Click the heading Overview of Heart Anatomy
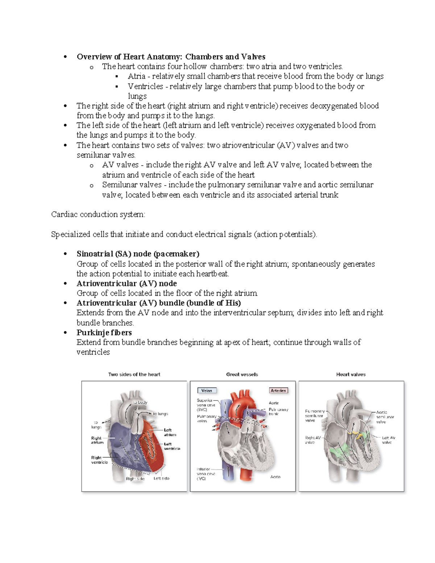pyautogui.click(x=171, y=57)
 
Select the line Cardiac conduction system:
pyautogui.click(x=98, y=214)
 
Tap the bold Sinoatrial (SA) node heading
pyautogui.click(x=138, y=254)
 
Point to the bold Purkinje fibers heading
pyautogui.click(x=104, y=332)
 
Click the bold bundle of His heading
pyautogui.click(x=159, y=303)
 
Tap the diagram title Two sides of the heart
pyautogui.click(x=134, y=374)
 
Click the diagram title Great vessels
pyautogui.click(x=242, y=374)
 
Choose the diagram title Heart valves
pyautogui.click(x=351, y=374)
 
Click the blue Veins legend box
pyautogui.click(x=207, y=390)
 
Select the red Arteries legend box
pyautogui.click(x=278, y=390)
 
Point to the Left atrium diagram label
pyautogui.click(x=170, y=432)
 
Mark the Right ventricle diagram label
pyautogui.click(x=99, y=460)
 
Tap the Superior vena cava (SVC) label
pyautogui.click(x=206, y=405)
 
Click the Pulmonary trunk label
pyautogui.click(x=278, y=411)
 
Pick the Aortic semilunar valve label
pyautogui.click(x=385, y=417)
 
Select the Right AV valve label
pyautogui.click(x=312, y=440)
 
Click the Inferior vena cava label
pyautogui.click(x=206, y=473)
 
